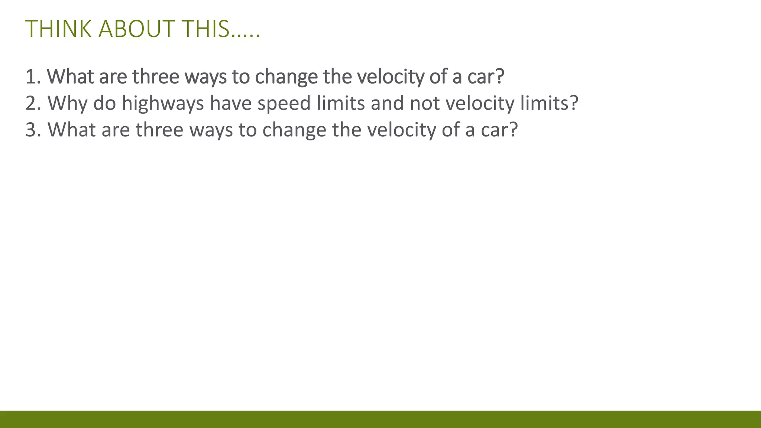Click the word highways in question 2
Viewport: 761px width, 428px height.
point(163,103)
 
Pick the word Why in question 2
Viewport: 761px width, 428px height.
point(67,103)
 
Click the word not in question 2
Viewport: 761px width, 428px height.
point(424,103)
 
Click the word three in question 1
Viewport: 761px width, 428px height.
point(156,77)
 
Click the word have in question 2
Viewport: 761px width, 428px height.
point(231,103)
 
